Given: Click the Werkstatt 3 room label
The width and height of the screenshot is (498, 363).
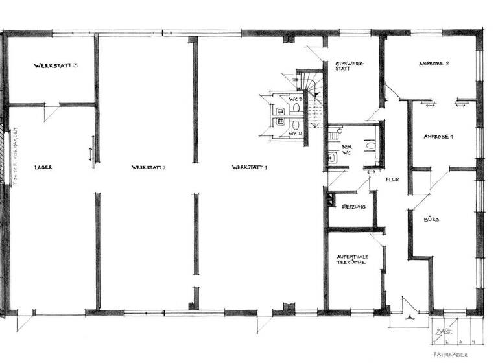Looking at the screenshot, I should coord(56,66).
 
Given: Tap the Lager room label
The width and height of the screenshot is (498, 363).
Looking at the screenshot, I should coord(43,167).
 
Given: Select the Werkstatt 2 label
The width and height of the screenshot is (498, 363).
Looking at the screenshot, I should coord(148,167).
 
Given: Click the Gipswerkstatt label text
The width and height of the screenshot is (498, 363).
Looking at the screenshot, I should coord(348,67).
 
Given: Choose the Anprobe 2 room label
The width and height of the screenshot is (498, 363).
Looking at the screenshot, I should coord(434,64).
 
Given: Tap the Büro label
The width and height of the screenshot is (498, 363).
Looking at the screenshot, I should coord(432,220).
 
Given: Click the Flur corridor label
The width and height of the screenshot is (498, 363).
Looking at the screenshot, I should coord(392,180).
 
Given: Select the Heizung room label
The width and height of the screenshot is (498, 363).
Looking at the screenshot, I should coord(353,207).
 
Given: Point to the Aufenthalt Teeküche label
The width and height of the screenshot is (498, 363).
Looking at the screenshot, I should coord(352,261).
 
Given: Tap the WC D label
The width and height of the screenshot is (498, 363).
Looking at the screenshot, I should coord(296,99).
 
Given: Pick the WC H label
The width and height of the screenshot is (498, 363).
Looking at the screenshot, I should coord(296,134).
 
